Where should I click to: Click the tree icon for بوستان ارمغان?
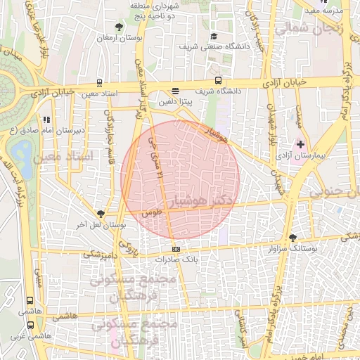tap(119, 27)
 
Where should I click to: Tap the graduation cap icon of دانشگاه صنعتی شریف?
tap(214, 36)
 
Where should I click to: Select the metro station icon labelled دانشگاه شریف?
tap(218, 80)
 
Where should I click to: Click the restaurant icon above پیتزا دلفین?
tap(175, 91)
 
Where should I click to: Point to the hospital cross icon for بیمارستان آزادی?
tap(301, 143)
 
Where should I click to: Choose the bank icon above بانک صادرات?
tap(175, 249)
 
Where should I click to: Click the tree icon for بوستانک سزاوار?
tap(292, 238)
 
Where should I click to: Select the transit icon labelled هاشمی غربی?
tap(30, 326)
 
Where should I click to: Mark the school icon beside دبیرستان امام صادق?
tap(46, 120)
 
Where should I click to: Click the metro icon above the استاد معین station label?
tap(100, 82)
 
